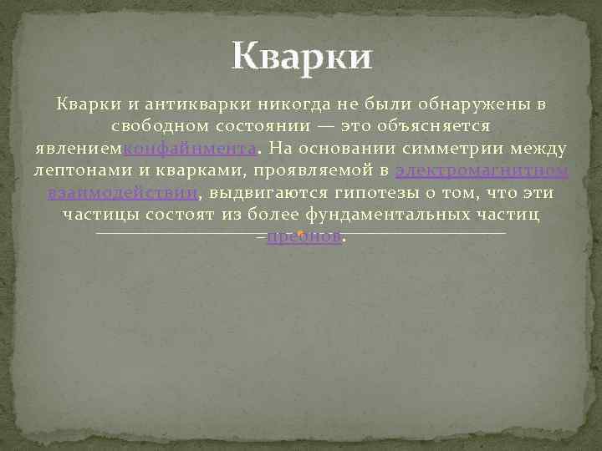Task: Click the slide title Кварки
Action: (x=302, y=58)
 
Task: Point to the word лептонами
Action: (x=80, y=171)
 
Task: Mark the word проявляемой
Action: (x=306, y=171)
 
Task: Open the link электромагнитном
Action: (x=482, y=171)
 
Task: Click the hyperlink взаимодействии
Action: (x=123, y=193)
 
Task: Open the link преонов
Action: (x=304, y=236)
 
